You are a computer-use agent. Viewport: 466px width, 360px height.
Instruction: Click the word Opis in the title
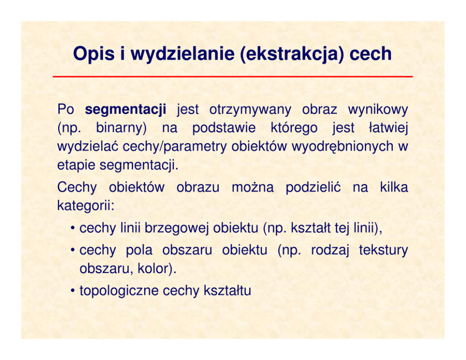tap(93, 54)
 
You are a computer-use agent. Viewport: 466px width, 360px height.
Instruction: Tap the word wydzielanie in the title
tap(182, 54)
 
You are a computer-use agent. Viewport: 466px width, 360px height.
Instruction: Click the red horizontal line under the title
tap(233, 77)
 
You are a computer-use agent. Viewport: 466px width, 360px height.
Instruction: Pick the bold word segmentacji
tap(125, 110)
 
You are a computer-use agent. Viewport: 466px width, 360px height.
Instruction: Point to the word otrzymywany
tap(250, 110)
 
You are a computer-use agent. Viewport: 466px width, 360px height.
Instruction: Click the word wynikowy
tap(378, 110)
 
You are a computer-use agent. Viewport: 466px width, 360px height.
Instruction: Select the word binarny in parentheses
tap(121, 128)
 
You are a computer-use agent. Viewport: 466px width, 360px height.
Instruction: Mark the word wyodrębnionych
tap(342, 147)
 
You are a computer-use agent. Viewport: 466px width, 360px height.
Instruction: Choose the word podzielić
tap(313, 188)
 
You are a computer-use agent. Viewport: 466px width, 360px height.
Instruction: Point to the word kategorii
tap(85, 206)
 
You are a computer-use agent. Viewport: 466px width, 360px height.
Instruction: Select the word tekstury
tap(383, 250)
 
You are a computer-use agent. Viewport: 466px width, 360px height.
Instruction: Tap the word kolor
tap(156, 269)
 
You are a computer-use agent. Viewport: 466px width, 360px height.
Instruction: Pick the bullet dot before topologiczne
tap(73, 291)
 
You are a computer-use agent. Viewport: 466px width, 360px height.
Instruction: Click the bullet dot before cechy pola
tap(73, 250)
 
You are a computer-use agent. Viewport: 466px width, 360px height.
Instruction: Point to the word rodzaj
tap(330, 250)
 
